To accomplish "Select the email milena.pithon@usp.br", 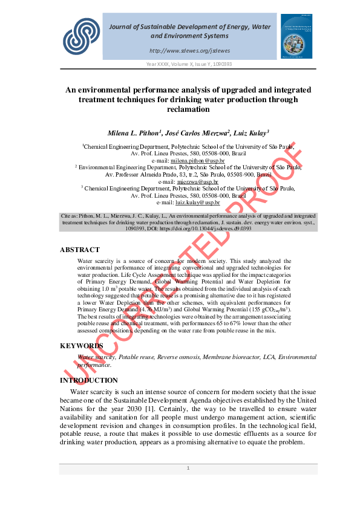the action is click(x=197, y=161).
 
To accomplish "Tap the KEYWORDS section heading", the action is click(x=81, y=346).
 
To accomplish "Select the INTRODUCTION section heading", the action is click(x=89, y=380).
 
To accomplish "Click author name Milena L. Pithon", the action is click(x=135, y=132).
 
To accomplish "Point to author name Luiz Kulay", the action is click(x=249, y=132).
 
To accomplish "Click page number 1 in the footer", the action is click(x=188, y=468).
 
